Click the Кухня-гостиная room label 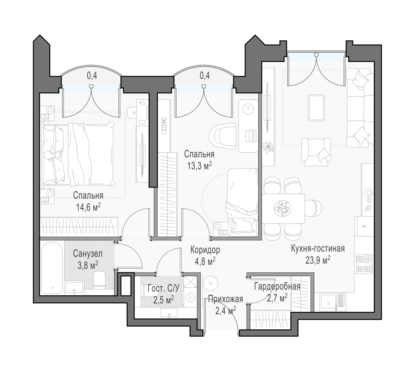pos(318,249)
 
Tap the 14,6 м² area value pos(88,208)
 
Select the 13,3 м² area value pos(199,166)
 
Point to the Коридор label pos(205,250)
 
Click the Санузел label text pos(88,254)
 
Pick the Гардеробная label pos(277,287)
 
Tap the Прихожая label pos(225,299)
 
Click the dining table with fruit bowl pos(283,208)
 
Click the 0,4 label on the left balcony pos(92,76)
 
